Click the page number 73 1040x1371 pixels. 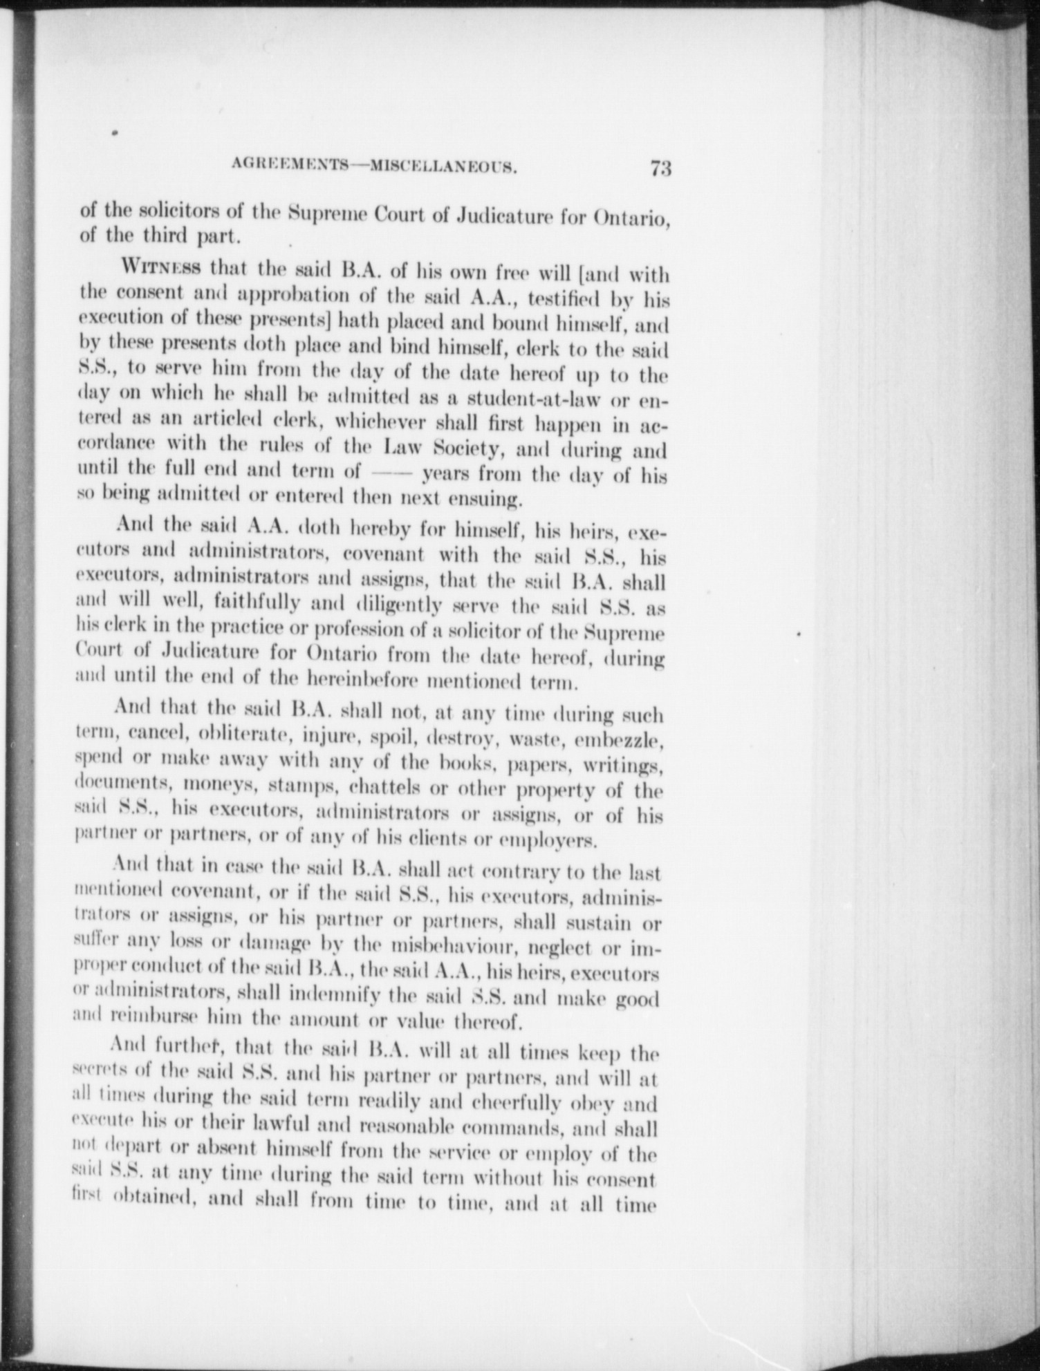pyautogui.click(x=660, y=168)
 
